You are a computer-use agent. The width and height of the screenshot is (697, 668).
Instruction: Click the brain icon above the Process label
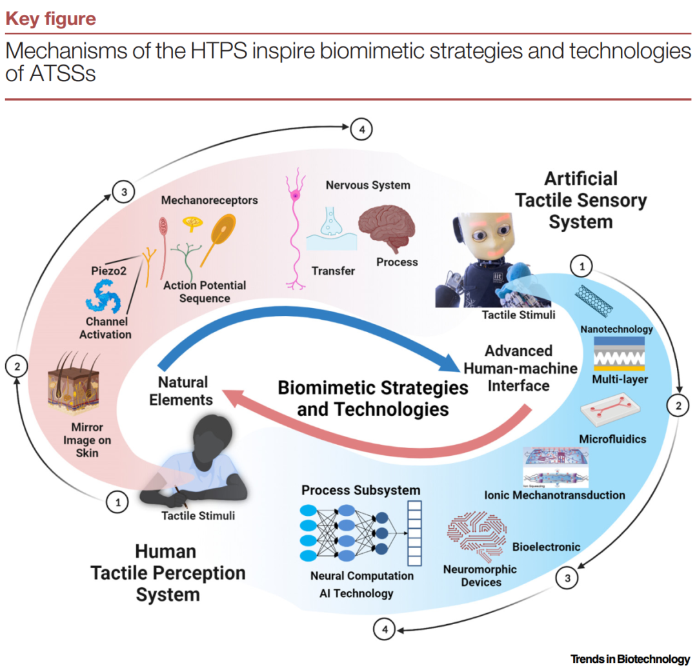click(x=387, y=230)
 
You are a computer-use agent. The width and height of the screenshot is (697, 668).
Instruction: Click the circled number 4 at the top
click(x=362, y=130)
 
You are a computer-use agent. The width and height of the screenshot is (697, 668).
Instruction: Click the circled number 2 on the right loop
click(x=678, y=406)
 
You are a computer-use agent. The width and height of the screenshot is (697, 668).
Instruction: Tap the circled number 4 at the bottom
click(x=385, y=629)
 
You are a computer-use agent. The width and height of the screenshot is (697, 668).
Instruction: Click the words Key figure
click(x=50, y=19)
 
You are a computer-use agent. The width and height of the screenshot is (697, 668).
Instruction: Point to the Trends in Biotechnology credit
click(x=630, y=658)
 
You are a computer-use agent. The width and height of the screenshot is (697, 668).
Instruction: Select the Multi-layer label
click(x=620, y=379)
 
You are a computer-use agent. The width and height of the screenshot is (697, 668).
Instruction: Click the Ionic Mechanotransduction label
click(x=554, y=495)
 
